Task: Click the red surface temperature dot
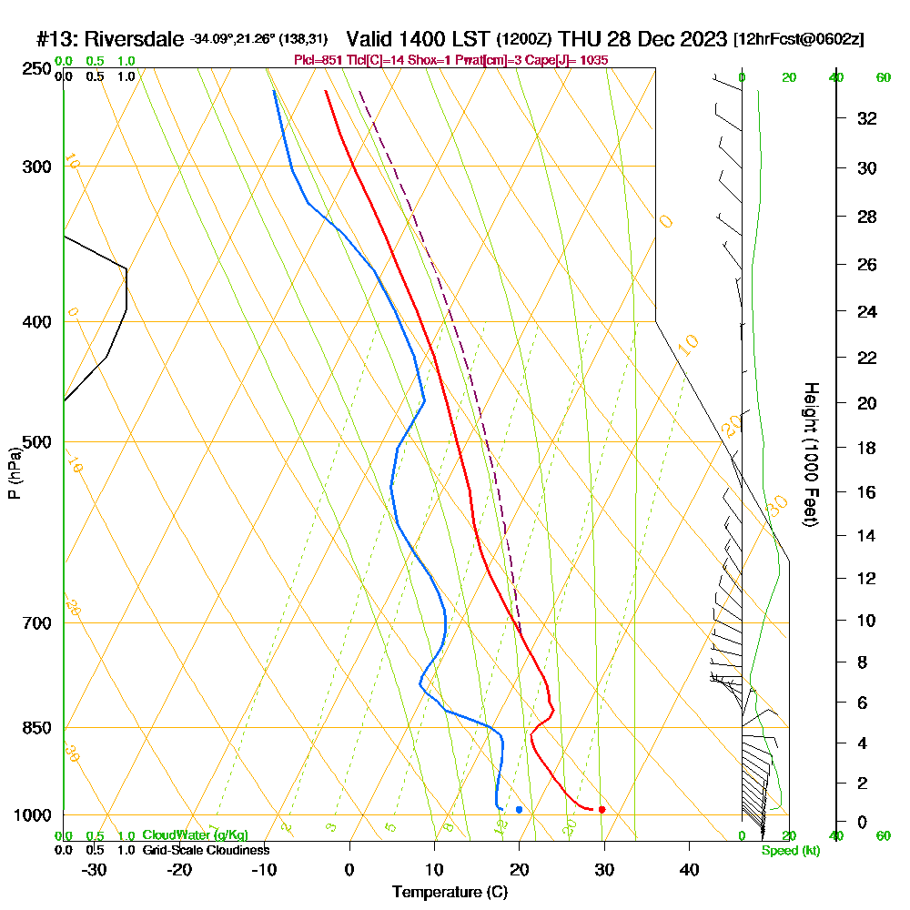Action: coord(602,810)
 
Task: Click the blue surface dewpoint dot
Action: coord(519,809)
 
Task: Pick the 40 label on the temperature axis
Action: coord(689,870)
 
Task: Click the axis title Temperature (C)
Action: coord(450,893)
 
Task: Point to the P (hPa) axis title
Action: coord(14,473)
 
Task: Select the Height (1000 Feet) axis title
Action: coord(809,453)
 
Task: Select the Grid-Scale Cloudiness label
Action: coord(206,850)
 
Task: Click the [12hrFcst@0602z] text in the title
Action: coord(798,40)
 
